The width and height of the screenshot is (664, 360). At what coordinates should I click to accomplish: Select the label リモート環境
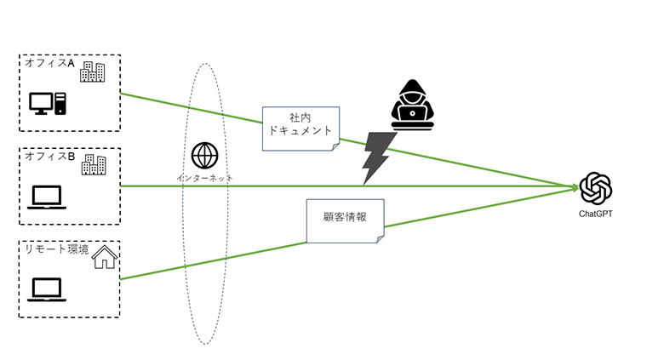tap(56, 249)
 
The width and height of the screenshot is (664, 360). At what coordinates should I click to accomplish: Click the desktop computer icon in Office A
tap(47, 104)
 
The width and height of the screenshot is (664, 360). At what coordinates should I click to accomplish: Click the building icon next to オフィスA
tap(92, 72)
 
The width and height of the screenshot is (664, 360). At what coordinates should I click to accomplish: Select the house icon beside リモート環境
tap(104, 256)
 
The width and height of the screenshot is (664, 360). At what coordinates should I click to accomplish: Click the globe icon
tap(204, 156)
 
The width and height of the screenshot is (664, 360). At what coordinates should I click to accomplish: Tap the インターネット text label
tap(204, 178)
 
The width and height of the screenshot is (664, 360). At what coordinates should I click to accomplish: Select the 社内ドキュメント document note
tap(301, 128)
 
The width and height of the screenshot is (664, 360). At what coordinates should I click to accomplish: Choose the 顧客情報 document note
tap(345, 220)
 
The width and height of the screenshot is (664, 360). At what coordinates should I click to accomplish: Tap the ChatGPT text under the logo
tap(596, 214)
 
